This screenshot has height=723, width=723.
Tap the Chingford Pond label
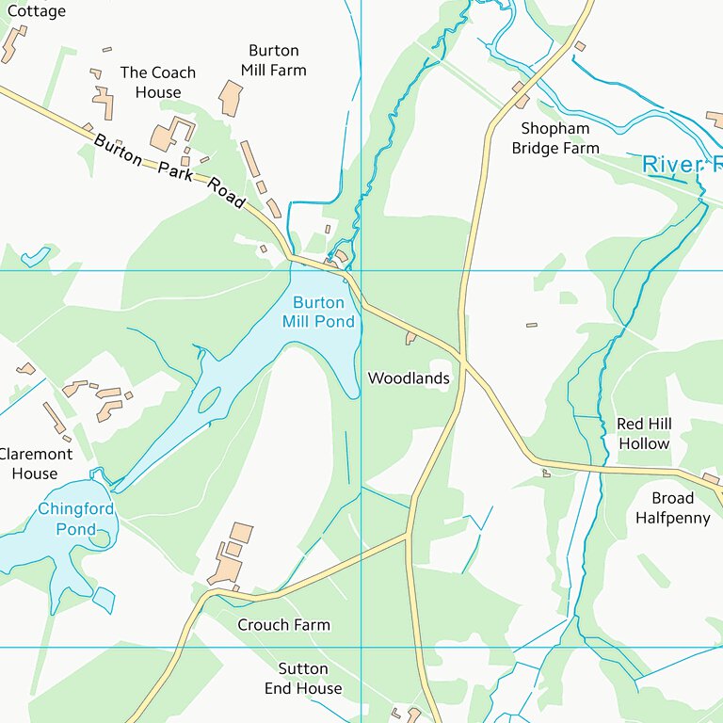tap(75, 519)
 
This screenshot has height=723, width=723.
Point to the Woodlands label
tap(408, 378)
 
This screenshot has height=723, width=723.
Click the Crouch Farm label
tap(283, 625)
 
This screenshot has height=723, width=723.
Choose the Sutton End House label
tap(303, 679)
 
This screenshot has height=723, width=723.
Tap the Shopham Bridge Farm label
tap(555, 138)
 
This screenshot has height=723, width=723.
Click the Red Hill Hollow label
tap(644, 434)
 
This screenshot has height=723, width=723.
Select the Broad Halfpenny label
tap(672, 507)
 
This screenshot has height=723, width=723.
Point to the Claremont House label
tap(35, 463)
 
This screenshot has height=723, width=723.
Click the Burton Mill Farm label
tap(273, 60)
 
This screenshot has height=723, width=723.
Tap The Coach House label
tap(158, 82)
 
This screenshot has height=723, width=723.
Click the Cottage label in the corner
tap(36, 11)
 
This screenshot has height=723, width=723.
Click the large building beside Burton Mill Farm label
tap(230, 98)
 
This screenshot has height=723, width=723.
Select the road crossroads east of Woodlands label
tap(462, 357)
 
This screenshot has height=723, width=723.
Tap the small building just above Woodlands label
tap(410, 337)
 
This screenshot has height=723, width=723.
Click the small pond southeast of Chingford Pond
tap(104, 599)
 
